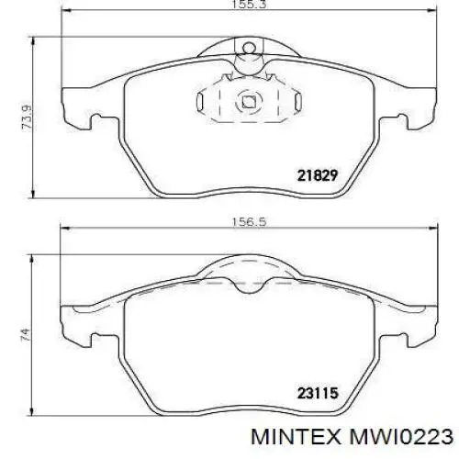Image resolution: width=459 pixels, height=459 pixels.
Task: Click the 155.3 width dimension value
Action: coord(248,5)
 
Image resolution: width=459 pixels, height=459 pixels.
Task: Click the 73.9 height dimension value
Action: coord(27,117)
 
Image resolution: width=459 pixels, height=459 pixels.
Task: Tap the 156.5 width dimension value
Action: coord(249,221)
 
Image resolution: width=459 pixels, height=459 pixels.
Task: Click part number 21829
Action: coord(318,175)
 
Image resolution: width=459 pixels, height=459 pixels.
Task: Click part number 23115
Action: coord(318,393)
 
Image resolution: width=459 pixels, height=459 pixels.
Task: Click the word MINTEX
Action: coord(296,437)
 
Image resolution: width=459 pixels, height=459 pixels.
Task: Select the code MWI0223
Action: coord(401,437)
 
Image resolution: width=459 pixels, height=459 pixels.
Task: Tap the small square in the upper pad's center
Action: coord(249,102)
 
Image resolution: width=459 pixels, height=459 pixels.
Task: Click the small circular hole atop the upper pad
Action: coord(249,48)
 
